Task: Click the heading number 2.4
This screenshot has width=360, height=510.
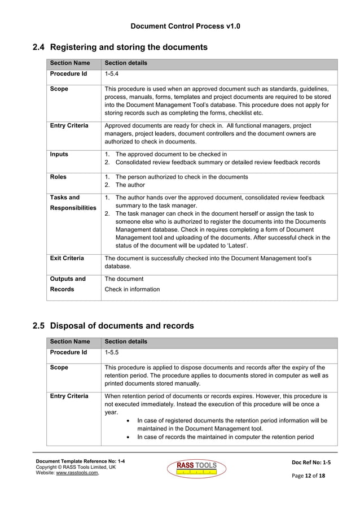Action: (x=39, y=47)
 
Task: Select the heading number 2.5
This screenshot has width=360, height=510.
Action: (x=39, y=326)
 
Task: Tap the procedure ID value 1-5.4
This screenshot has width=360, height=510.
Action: (x=112, y=73)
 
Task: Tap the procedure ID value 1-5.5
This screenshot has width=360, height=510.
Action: (x=112, y=352)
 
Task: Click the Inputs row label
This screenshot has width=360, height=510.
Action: (x=59, y=154)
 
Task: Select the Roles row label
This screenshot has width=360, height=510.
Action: (x=58, y=177)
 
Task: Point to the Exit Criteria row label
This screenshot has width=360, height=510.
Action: (x=67, y=258)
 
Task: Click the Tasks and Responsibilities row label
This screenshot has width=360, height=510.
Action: (x=73, y=203)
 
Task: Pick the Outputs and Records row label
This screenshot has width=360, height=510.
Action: (x=68, y=284)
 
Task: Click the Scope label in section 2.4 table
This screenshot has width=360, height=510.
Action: (x=59, y=89)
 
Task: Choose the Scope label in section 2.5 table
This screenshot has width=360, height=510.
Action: (x=59, y=367)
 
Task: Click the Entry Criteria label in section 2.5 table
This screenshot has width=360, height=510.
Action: (x=69, y=396)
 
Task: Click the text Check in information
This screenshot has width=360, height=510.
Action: (x=132, y=289)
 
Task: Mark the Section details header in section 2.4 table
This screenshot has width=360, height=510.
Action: (x=126, y=63)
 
